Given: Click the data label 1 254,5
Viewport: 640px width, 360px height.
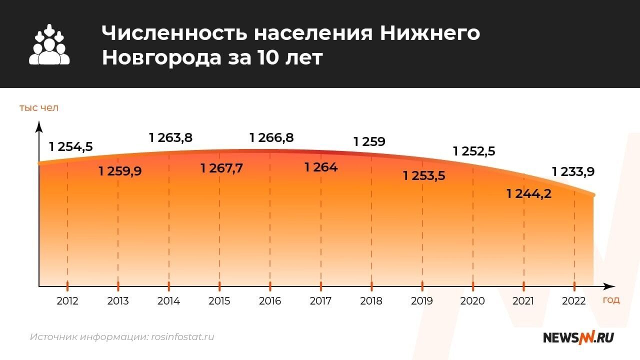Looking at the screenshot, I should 71,146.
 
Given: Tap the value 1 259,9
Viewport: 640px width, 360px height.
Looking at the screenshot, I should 120,171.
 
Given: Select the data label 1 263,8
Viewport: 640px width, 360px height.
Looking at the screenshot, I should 170,137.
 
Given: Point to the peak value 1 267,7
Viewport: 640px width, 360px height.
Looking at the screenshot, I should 221,168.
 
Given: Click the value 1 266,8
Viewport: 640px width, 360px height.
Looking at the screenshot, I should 271,137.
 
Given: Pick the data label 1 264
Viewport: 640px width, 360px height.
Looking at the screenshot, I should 321,167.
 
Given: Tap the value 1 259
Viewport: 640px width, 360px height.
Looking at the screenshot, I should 369,141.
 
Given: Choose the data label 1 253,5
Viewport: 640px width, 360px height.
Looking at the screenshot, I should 424,175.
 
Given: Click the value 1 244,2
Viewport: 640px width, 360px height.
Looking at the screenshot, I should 529,193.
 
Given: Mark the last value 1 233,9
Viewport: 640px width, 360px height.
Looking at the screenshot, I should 573,172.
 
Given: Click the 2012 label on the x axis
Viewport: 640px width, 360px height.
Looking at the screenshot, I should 67,301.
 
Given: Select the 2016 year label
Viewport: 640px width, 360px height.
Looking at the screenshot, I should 270,301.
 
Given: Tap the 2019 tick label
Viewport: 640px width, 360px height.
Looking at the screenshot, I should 422,301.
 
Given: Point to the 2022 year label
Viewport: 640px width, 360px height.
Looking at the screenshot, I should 573,301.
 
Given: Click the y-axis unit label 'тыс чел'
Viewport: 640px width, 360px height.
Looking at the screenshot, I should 39,107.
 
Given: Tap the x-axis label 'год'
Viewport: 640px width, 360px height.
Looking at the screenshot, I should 611,300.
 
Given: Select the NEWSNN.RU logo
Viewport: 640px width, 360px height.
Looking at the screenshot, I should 578,337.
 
